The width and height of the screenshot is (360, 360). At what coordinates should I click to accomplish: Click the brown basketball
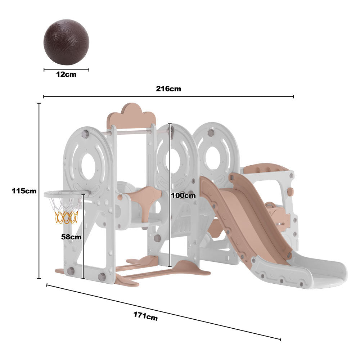(x=66, y=42)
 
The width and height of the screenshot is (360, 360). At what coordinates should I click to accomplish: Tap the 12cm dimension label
(x=66, y=75)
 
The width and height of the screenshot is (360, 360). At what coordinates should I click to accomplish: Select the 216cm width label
(x=168, y=89)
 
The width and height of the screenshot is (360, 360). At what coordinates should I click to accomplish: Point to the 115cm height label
(x=24, y=191)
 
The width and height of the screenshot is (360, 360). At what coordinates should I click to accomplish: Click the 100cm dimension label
(x=184, y=195)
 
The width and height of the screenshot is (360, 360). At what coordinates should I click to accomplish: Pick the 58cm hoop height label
(x=71, y=237)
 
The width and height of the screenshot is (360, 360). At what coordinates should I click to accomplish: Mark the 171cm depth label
(x=145, y=316)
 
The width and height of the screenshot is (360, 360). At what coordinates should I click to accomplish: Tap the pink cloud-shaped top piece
(x=131, y=115)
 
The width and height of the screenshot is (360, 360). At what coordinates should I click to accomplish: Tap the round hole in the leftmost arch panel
(x=88, y=166)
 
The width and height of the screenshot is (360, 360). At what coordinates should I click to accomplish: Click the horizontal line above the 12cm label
(x=66, y=69)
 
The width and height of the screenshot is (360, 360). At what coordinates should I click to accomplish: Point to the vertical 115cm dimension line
(x=39, y=191)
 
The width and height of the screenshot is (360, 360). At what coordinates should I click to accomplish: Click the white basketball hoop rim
(x=65, y=195)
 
